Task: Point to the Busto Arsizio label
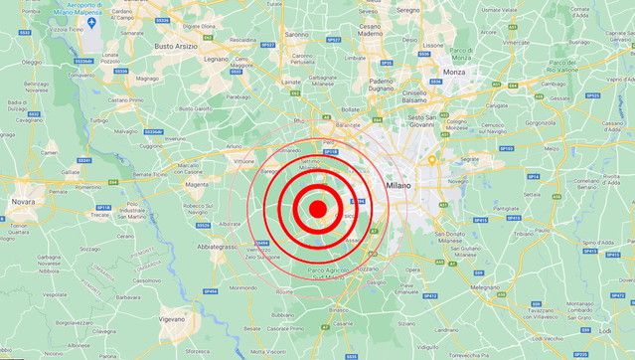point(175,46)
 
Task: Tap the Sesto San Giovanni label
point(429,121)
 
